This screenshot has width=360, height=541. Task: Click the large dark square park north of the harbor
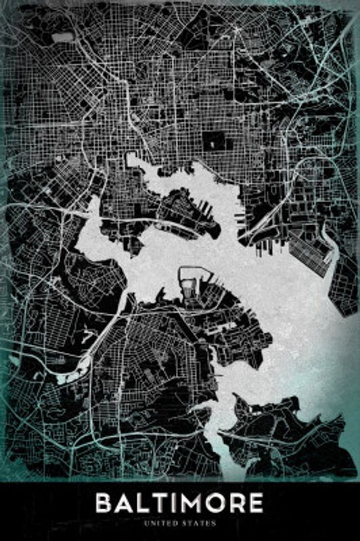point(215,141)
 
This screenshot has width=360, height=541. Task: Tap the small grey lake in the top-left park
point(62,38)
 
